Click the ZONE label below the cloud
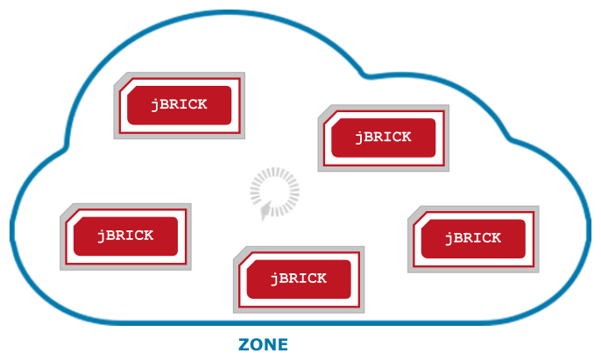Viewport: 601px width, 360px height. click(x=263, y=345)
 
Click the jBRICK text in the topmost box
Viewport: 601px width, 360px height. click(x=179, y=104)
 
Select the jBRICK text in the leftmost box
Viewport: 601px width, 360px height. click(x=125, y=236)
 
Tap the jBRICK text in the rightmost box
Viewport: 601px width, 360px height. click(x=473, y=238)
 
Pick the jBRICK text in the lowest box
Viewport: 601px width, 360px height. click(x=298, y=279)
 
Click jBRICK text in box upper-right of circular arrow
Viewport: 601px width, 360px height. click(x=384, y=138)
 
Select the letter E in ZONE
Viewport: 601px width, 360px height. click(x=282, y=345)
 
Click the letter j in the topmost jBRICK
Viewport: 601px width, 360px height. click(x=154, y=105)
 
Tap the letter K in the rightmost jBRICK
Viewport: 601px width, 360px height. click(x=497, y=238)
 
